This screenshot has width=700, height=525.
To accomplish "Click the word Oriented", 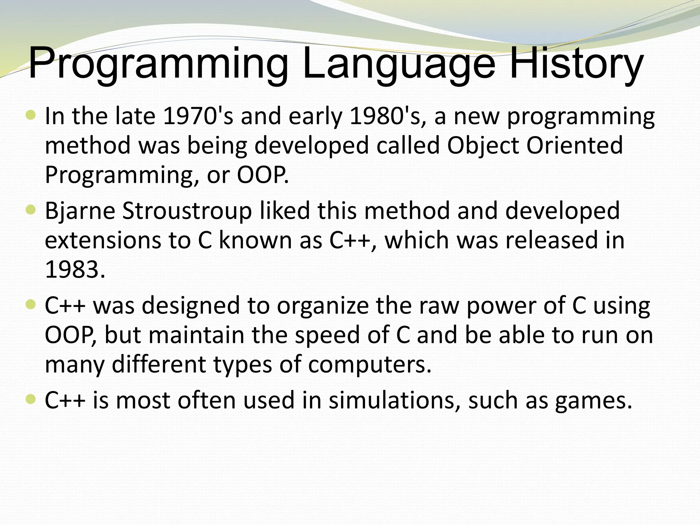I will pos(574,145).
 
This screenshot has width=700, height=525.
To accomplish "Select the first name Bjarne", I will pos(80,211).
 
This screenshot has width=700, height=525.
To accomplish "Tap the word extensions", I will pos(103,240).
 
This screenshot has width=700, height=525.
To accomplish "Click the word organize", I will pos(323,306).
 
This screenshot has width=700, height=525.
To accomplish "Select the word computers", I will pos(369,364).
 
